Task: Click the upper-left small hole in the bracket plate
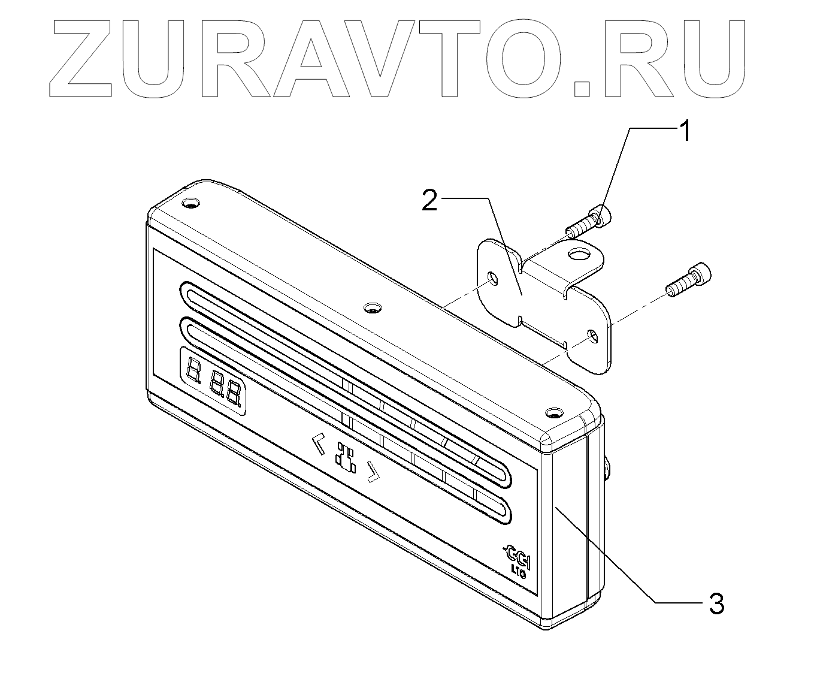[492, 277]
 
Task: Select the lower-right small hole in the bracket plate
[592, 335]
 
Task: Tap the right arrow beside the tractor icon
[373, 472]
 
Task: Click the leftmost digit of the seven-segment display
[193, 372]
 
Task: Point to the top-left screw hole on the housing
[190, 204]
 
